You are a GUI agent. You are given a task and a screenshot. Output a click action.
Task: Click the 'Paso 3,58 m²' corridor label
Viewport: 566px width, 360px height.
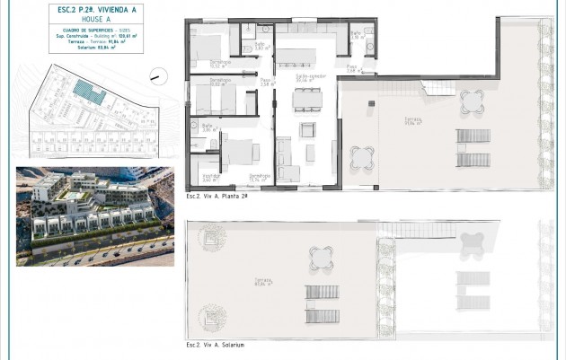(266, 83)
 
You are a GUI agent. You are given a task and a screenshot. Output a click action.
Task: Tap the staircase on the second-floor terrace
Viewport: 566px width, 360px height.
(440, 87)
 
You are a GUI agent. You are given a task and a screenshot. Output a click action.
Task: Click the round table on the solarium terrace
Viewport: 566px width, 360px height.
(321, 258)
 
